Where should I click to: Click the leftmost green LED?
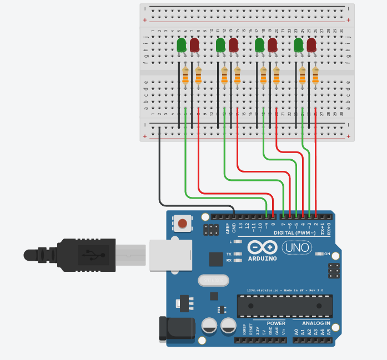(x=182, y=45)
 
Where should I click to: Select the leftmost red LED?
(x=194, y=45)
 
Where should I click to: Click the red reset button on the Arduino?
(x=182, y=224)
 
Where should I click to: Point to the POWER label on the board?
(x=276, y=323)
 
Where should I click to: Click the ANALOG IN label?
(x=316, y=323)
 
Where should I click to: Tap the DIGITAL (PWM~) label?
(x=292, y=232)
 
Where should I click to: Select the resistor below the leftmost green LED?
(x=185, y=76)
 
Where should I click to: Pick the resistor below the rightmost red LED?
(x=315, y=76)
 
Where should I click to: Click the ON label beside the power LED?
(x=326, y=254)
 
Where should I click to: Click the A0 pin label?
(x=296, y=332)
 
